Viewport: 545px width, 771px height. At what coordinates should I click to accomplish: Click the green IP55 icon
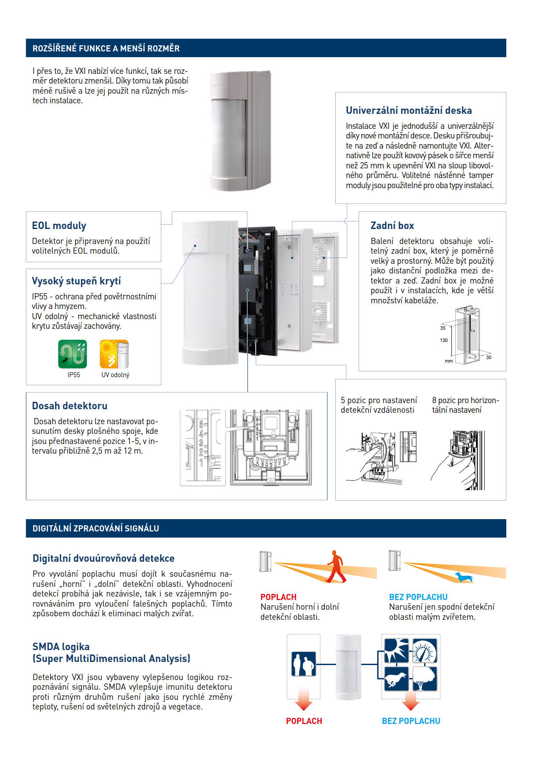(73, 354)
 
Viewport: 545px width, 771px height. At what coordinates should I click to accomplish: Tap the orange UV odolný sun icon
(114, 354)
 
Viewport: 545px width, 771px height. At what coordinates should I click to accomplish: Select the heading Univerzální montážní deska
(409, 110)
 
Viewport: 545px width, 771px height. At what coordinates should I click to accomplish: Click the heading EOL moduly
(59, 225)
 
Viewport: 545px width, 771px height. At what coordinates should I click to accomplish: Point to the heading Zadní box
(392, 225)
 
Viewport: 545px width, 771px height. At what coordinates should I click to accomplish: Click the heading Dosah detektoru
(69, 406)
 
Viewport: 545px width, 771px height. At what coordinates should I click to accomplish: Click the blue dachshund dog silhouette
(464, 577)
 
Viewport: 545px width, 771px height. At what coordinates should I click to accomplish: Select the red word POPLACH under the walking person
(278, 597)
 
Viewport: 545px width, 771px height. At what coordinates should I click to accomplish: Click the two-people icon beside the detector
(304, 664)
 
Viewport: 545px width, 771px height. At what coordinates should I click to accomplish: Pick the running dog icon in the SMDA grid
(396, 678)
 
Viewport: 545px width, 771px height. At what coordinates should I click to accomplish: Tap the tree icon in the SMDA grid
(425, 678)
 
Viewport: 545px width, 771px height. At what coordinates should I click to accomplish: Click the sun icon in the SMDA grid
(396, 651)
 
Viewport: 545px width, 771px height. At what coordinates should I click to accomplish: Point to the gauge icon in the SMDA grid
(425, 651)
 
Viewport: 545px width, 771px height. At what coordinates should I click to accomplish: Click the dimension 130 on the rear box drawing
(444, 340)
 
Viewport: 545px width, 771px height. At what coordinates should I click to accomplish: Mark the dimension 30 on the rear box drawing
(489, 357)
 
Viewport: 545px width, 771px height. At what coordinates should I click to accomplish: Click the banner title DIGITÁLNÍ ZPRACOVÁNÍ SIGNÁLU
(96, 528)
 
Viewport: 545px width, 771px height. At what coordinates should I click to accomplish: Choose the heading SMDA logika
(61, 647)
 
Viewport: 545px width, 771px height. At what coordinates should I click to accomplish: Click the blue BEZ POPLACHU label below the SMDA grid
(411, 721)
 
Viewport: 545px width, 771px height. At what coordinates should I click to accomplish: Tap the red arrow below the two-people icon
(304, 700)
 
